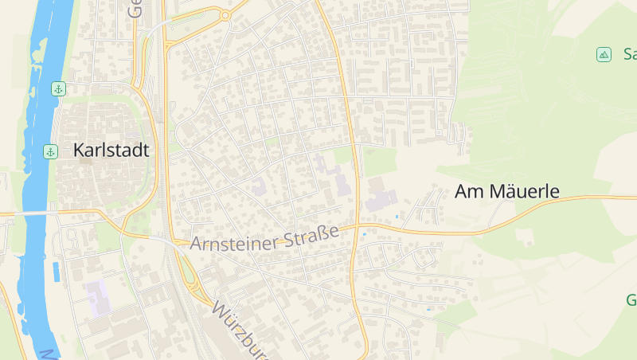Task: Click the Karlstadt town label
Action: click(111, 150)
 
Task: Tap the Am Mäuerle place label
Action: click(507, 191)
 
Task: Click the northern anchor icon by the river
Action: click(58, 88)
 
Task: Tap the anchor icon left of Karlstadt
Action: click(50, 151)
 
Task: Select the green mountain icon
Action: click(604, 54)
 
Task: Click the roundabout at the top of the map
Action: click(225, 15)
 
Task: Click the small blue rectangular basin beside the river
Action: click(56, 271)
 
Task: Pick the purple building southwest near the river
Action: click(97, 295)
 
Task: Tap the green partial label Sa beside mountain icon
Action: click(630, 54)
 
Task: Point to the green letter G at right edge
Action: click(631, 300)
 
